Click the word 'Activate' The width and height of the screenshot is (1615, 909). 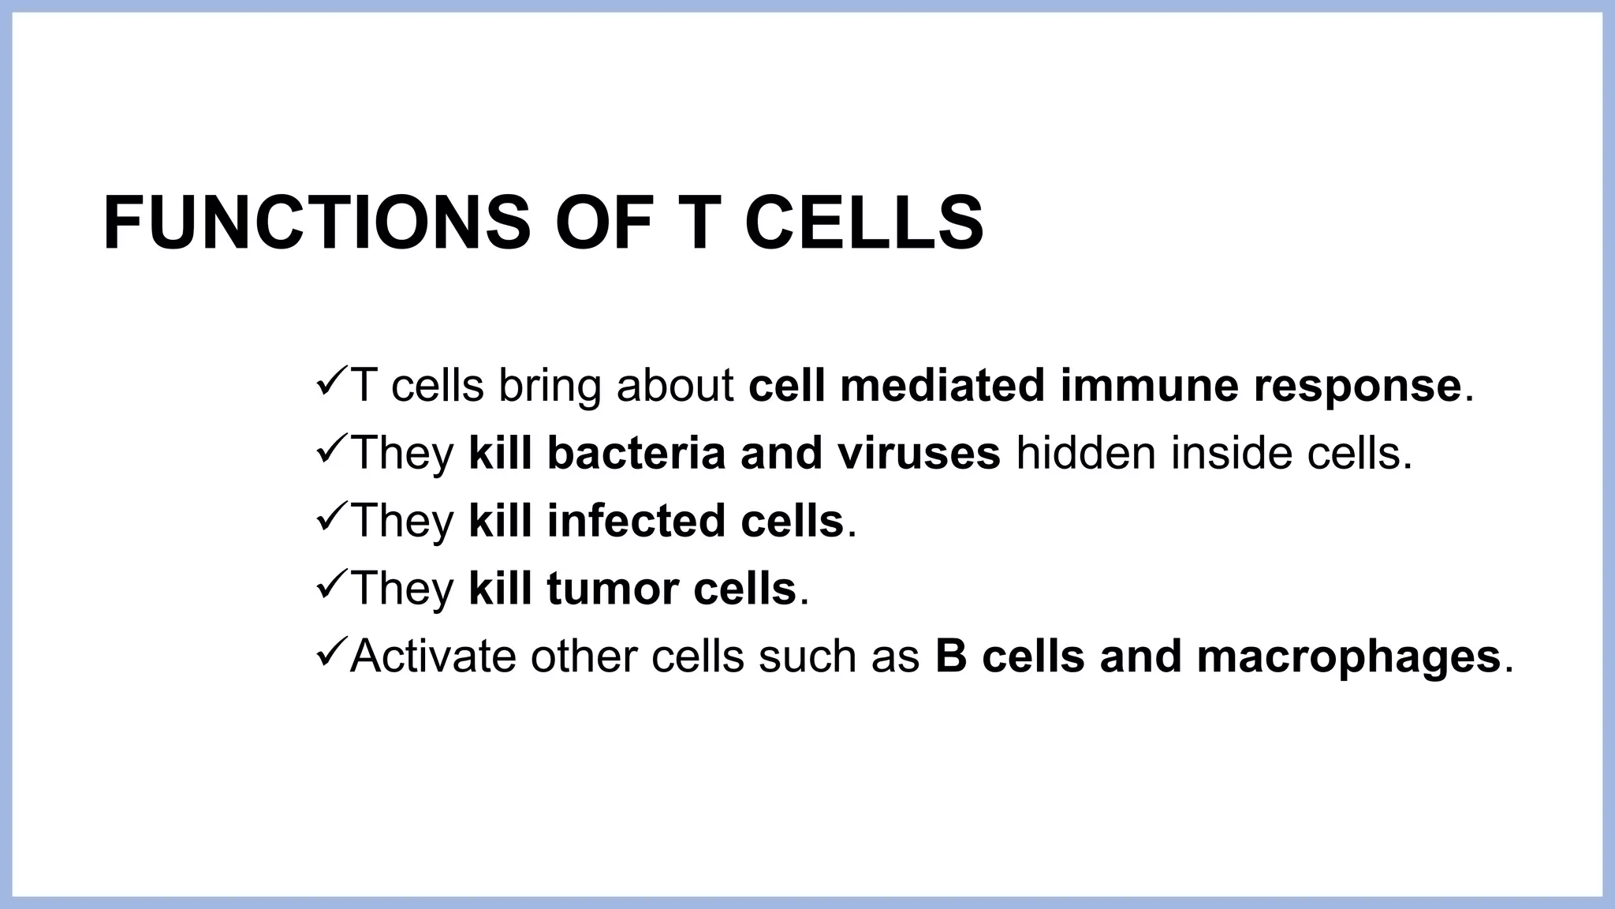click(433, 656)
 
